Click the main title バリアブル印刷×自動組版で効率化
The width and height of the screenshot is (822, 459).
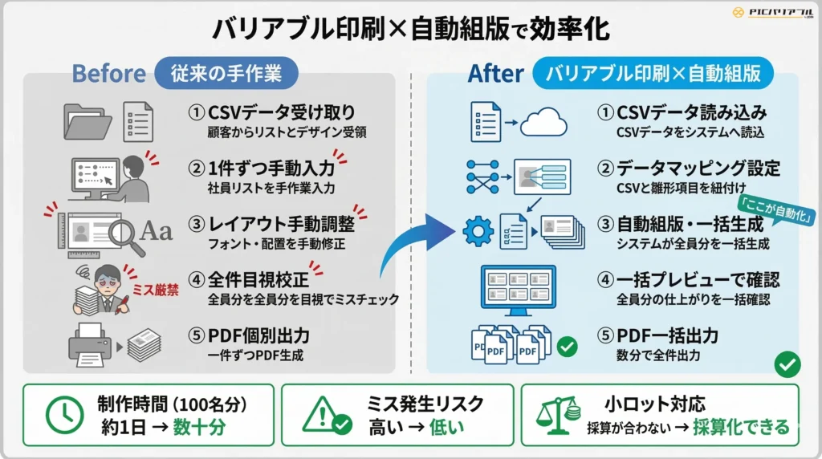pos(410,28)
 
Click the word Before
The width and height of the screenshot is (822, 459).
pos(108,74)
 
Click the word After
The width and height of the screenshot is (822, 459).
pos(495,74)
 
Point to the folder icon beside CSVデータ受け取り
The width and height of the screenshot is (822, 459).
pos(87,121)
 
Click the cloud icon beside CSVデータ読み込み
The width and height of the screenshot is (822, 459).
pos(543,122)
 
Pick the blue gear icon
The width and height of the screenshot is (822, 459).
pos(479,232)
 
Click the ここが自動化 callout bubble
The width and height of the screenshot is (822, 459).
pos(777,213)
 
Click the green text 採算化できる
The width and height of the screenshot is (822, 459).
pos(743,427)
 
